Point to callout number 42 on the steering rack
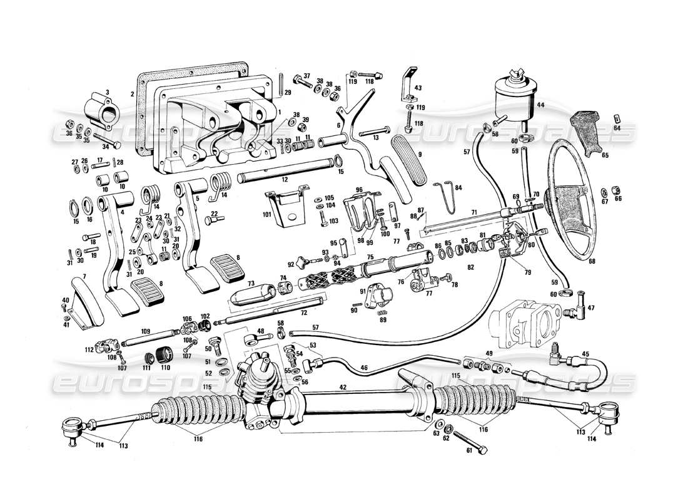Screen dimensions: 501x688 click(x=343, y=388)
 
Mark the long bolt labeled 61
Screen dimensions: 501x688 click(x=467, y=442)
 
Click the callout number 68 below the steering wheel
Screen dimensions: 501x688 click(x=591, y=261)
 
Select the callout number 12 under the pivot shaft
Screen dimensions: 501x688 click(x=285, y=180)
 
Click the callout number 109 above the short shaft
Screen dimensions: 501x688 click(x=145, y=331)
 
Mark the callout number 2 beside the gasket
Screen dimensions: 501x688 click(x=132, y=94)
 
